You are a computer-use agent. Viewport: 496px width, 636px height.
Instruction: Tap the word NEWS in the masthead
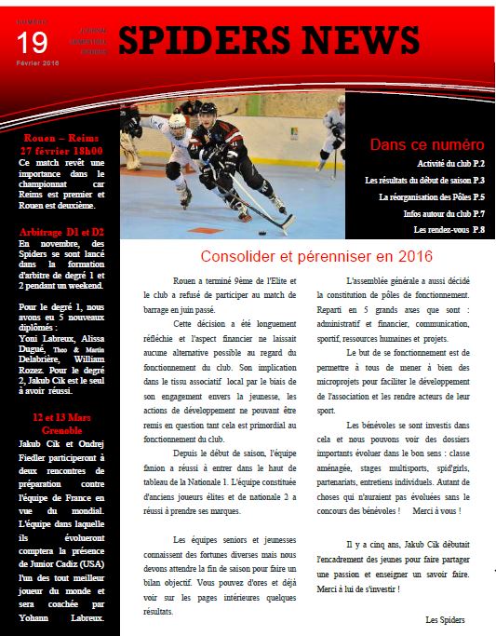coord(366,41)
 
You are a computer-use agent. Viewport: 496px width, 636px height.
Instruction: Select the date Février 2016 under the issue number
coord(37,62)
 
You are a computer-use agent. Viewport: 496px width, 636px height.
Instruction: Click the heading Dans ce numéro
coord(427,144)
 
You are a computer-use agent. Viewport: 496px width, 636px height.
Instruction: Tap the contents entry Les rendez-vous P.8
coord(449,229)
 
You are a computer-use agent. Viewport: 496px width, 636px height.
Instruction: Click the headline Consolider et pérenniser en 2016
coord(306,256)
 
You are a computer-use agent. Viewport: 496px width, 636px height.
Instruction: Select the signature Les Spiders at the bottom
coord(445,618)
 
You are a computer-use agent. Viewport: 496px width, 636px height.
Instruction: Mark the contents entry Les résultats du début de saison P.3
coord(424,181)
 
